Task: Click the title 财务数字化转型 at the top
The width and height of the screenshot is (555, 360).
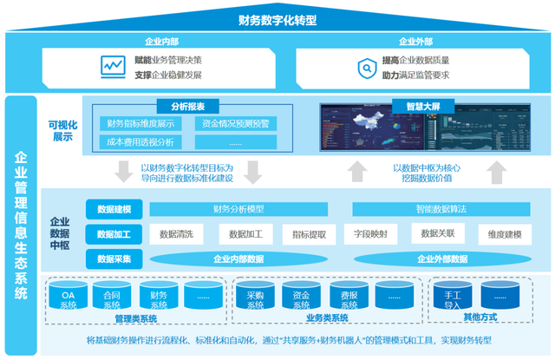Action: (277, 19)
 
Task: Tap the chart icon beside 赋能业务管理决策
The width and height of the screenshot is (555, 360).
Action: (110, 67)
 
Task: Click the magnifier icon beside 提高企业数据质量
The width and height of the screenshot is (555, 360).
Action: (365, 67)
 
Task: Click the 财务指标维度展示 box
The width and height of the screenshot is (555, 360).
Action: (142, 124)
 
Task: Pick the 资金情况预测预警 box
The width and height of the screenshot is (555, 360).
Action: (236, 124)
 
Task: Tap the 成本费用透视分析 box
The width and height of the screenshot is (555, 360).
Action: (139, 141)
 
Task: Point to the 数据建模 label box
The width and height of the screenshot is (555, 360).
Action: (114, 209)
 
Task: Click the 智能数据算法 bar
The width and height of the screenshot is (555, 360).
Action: (441, 209)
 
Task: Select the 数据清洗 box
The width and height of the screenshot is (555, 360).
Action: (176, 234)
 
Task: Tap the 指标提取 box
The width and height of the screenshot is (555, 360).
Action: (310, 234)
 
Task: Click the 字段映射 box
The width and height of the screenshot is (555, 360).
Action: (370, 233)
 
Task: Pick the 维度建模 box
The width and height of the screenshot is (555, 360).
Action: (505, 234)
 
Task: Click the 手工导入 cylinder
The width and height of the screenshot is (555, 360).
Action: (452, 299)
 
